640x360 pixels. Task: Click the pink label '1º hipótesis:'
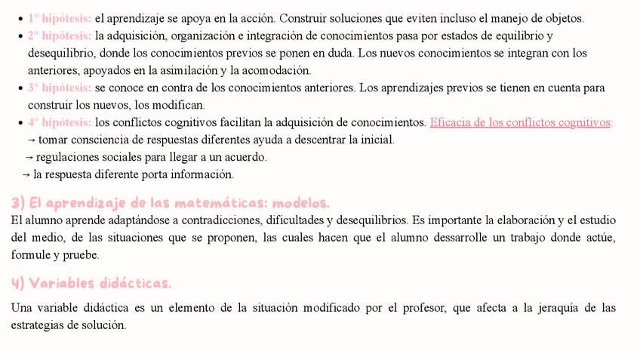point(60,18)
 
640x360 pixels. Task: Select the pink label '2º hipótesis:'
point(60,35)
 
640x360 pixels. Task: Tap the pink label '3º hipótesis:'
point(60,88)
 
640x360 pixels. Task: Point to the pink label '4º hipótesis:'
point(60,122)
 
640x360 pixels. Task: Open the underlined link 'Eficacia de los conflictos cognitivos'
point(520,122)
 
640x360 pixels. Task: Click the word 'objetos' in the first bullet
point(563,18)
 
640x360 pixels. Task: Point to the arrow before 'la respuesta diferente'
point(26,174)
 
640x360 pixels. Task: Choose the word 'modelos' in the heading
point(300,204)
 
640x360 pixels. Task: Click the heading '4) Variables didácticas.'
point(91,283)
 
